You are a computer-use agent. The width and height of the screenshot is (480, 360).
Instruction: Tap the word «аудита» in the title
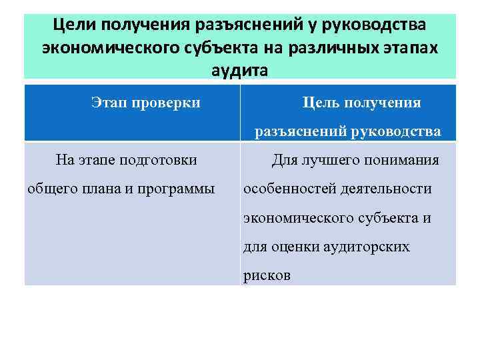pyautogui.click(x=239, y=70)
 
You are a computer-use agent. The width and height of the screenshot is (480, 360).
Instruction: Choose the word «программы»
pyautogui.click(x=176, y=189)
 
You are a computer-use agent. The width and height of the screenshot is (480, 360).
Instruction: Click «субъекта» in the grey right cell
pyautogui.click(x=387, y=218)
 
